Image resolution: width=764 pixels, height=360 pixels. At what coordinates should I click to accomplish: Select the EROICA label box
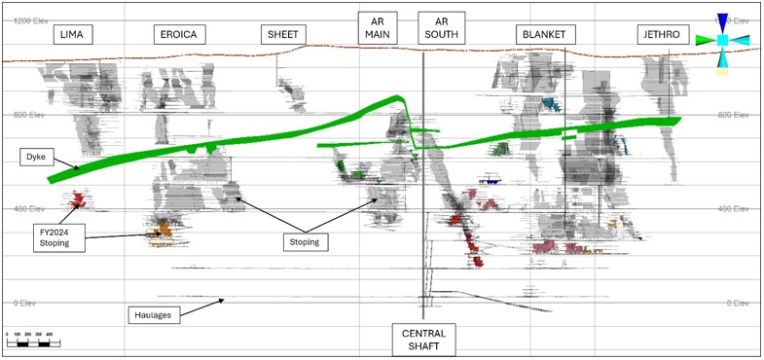(x=178, y=35)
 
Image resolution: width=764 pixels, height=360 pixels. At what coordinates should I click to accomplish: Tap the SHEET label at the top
(x=283, y=35)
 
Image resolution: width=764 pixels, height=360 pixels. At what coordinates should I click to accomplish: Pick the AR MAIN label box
(x=378, y=29)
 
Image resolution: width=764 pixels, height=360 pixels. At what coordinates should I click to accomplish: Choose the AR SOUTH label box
(x=441, y=29)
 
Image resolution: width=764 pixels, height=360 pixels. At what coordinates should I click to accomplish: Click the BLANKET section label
(x=543, y=35)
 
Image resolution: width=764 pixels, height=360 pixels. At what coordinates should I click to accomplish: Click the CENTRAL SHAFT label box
(x=423, y=338)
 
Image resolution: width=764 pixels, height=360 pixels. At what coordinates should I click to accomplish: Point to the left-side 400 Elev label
(x=30, y=209)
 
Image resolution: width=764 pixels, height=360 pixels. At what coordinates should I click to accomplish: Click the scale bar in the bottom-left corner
(x=33, y=342)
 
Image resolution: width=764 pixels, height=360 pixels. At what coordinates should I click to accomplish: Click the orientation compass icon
(x=723, y=40)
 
